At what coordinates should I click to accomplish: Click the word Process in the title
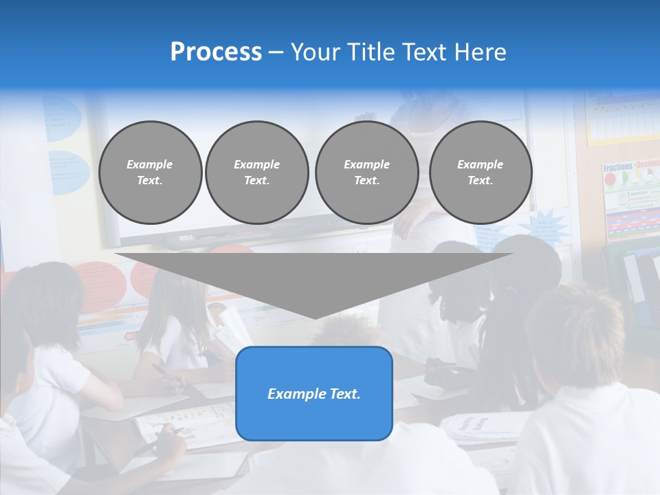(216, 52)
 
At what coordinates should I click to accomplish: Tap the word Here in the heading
(479, 52)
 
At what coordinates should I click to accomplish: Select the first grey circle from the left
(150, 173)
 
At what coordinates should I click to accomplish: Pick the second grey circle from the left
(256, 173)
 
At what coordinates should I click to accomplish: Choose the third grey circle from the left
(366, 173)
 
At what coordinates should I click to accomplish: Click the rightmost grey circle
(481, 173)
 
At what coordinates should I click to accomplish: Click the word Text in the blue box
(345, 394)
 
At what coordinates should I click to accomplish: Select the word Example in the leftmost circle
(150, 164)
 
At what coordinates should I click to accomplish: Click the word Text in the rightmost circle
(480, 181)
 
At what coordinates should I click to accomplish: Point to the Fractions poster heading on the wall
(617, 168)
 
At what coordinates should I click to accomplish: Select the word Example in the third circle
(366, 164)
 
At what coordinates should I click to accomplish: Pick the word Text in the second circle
(256, 181)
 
